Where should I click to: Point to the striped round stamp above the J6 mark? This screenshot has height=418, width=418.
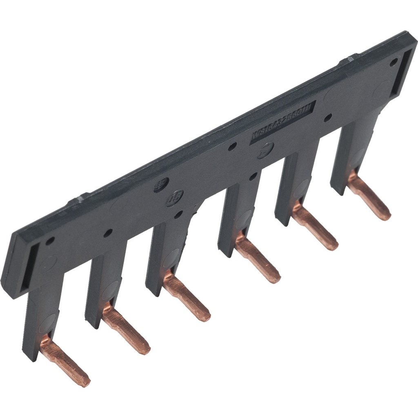click(x=161, y=185)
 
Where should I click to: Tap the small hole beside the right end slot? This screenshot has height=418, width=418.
click(x=393, y=62)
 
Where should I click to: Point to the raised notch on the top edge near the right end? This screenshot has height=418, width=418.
click(x=349, y=60)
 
